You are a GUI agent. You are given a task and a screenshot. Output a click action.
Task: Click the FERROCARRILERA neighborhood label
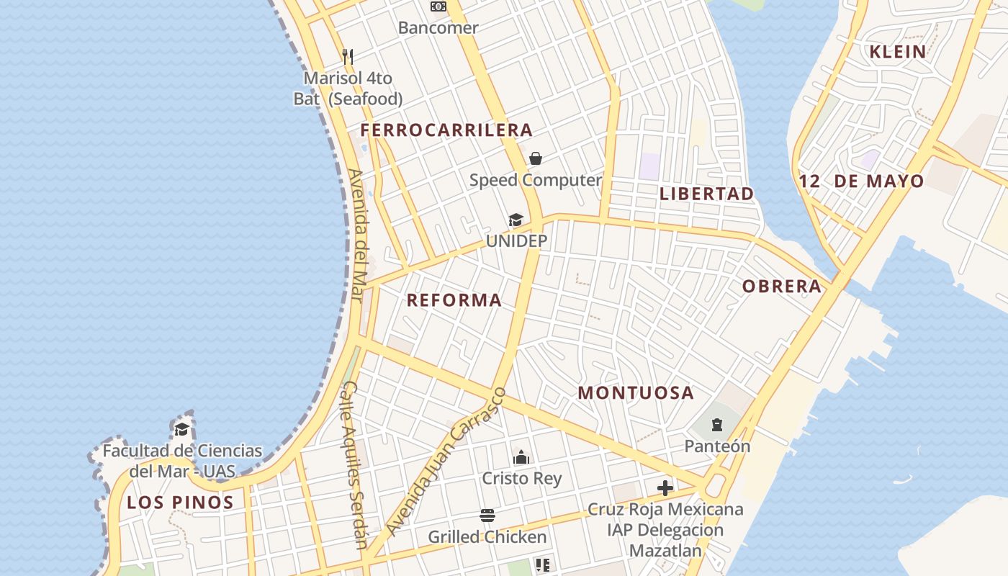(446, 130)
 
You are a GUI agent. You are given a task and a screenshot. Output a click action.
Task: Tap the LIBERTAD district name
(706, 194)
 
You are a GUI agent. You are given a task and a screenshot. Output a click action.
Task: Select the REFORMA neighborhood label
(454, 300)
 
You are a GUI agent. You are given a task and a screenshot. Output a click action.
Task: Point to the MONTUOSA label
(636, 393)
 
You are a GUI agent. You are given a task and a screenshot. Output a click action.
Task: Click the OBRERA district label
(782, 287)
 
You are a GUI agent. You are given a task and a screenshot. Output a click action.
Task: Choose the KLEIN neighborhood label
(897, 52)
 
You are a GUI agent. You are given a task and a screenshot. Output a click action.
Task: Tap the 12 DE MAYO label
(861, 181)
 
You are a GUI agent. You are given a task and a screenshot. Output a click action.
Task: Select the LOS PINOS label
(180, 503)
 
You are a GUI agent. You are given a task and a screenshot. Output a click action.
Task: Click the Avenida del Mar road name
(359, 235)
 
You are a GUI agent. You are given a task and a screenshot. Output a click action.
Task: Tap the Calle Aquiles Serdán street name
(353, 464)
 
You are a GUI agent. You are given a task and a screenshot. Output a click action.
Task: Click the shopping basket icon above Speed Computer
(536, 158)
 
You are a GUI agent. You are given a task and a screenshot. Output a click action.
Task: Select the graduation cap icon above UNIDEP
(516, 220)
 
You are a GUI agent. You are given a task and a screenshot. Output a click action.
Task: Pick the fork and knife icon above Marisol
(348, 56)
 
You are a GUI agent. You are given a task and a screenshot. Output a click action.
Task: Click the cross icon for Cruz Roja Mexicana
(665, 488)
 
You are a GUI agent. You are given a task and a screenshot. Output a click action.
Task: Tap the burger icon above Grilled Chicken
(487, 516)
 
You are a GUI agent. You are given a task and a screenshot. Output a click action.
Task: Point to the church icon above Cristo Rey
(521, 456)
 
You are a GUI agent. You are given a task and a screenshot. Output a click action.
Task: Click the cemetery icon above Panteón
(717, 425)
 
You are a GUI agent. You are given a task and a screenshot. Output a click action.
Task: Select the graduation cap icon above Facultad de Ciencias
(182, 430)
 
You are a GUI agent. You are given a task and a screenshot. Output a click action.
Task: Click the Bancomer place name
(438, 28)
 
